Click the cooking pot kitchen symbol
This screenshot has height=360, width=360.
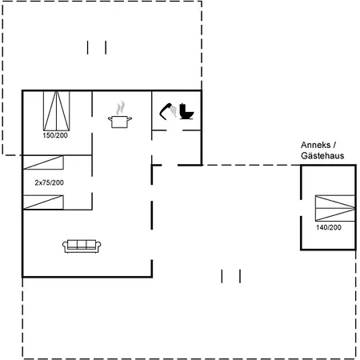tap(120, 122)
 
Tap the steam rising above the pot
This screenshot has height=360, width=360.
tap(120, 107)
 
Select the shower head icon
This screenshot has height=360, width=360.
tap(168, 111)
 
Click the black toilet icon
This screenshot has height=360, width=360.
tap(186, 111)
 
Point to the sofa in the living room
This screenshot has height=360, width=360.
tap(82, 246)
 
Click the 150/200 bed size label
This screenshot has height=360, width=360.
tap(55, 135)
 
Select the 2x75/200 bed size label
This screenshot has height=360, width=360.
tap(49, 182)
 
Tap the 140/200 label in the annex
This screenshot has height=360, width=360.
tap(329, 227)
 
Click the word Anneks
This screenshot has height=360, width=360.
tap(315, 145)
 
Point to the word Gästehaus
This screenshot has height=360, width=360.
tap(322, 156)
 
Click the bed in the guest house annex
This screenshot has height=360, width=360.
tap(335, 208)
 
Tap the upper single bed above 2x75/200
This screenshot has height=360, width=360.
tap(43, 162)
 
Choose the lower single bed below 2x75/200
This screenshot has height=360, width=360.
tap(43, 202)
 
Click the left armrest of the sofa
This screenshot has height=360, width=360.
tap(65, 246)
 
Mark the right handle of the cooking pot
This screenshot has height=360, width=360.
tap(130, 119)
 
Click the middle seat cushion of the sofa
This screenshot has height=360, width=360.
tap(82, 245)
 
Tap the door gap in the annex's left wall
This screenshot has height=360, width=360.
tap(301, 208)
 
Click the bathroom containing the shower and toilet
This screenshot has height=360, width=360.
tap(177, 110)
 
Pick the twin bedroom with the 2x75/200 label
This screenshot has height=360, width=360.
tap(58, 182)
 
